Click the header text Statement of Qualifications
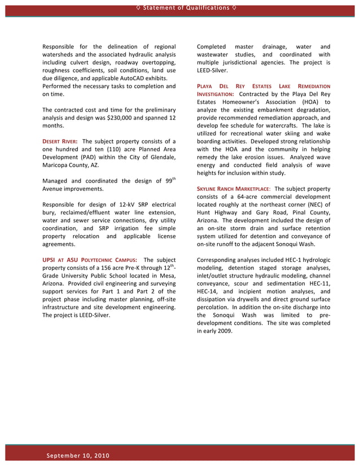tap(180, 7)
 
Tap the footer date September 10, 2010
tap(78, 455)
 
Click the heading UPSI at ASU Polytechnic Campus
tap(89, 260)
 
